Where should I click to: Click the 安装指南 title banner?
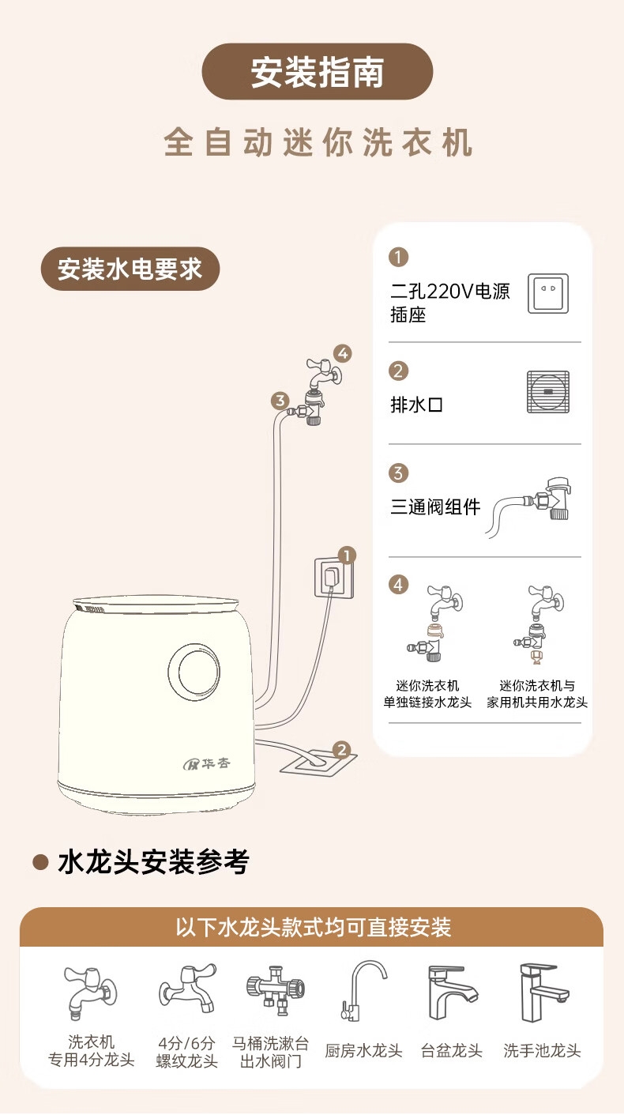point(317,72)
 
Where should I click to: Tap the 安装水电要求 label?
point(130,269)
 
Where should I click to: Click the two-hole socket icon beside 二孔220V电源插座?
point(548,293)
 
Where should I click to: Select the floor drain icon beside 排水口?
point(548,392)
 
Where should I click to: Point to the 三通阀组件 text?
point(435,507)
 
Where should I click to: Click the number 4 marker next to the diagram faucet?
point(342,354)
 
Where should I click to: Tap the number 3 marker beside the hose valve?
point(280,401)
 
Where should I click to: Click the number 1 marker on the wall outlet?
point(347,555)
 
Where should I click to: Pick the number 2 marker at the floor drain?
point(341,750)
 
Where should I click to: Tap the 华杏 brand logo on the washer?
point(206,763)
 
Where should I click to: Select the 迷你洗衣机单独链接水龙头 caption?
point(427,694)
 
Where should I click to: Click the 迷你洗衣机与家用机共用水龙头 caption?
point(537,694)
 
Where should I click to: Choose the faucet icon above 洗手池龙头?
point(543,993)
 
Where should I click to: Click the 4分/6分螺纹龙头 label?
point(186,1052)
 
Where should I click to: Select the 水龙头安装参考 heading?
point(153,862)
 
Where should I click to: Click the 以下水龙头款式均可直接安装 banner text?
point(313,928)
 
